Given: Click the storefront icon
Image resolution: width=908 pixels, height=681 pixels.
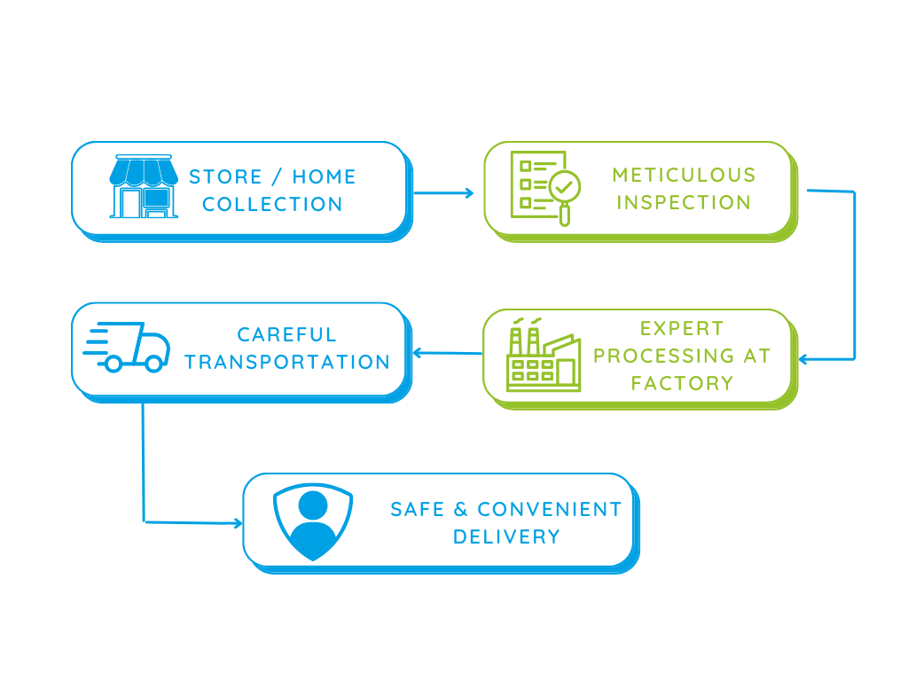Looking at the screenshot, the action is click(x=144, y=186).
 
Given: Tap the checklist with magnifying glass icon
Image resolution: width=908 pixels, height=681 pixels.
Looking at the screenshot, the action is click(x=545, y=188).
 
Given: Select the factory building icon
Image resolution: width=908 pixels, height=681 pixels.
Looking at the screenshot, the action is click(x=544, y=355).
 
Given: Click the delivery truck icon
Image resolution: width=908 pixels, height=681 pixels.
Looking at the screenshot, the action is click(x=127, y=347).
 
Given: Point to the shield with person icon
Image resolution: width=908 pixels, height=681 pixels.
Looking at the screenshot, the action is click(x=313, y=521).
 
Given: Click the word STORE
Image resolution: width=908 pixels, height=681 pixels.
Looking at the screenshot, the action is click(x=226, y=176).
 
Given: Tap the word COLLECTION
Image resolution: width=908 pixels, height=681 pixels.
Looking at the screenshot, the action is click(x=272, y=205).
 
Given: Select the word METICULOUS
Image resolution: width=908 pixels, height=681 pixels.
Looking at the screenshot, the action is click(x=684, y=175).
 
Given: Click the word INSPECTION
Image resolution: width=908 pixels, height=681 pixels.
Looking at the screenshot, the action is click(x=684, y=203).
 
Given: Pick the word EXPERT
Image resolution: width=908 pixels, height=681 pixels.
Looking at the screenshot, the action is click(x=682, y=329).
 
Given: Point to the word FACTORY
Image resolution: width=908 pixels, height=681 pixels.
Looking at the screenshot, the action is click(x=682, y=383).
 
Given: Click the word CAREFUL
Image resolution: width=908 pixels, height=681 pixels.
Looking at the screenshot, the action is click(x=286, y=334).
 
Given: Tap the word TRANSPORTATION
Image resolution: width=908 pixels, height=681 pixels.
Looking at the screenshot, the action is click(x=287, y=363).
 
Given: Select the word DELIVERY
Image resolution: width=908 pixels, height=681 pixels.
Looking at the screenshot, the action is click(x=506, y=536).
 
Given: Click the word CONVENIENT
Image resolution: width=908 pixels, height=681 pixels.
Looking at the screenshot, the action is click(x=550, y=510).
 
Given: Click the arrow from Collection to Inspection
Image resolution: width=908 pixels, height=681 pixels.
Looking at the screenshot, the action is click(x=443, y=192).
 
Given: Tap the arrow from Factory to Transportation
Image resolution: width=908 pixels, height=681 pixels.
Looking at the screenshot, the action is click(x=448, y=353).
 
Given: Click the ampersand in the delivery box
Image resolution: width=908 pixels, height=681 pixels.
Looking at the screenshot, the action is click(x=460, y=510).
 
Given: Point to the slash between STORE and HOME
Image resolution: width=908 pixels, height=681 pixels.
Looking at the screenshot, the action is click(x=278, y=176).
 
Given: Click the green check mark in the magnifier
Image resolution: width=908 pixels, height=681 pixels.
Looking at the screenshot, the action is click(x=564, y=186).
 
